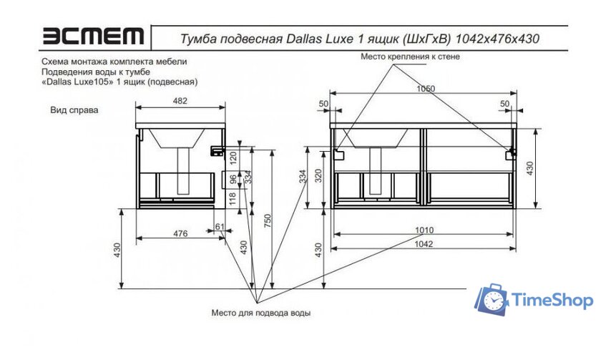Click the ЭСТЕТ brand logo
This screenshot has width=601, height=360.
[93, 36]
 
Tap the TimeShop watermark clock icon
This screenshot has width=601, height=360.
[492, 300]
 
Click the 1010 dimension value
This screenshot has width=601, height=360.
[424, 231]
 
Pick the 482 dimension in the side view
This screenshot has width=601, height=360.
[180, 101]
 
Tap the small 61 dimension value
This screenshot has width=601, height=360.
[219, 228]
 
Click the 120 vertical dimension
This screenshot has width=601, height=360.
[233, 157]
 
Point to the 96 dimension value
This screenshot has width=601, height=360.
[233, 178]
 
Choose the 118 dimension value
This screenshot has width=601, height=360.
[233, 198]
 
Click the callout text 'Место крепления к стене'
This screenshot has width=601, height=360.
[409, 56]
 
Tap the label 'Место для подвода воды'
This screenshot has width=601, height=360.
[260, 313]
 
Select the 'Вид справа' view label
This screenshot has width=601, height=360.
[74, 111]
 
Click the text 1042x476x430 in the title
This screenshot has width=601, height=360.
[497, 37]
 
